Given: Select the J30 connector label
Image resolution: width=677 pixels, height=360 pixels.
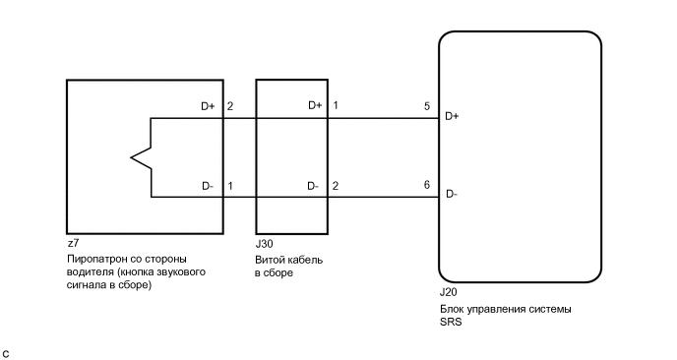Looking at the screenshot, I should point(265,242).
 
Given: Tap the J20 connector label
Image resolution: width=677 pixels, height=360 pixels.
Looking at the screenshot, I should point(448,293).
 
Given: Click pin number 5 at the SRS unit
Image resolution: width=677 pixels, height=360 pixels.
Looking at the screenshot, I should point(426,105).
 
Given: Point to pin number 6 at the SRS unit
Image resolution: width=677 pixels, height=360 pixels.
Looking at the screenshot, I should point(426,185).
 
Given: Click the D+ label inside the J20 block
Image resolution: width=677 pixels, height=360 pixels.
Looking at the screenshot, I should point(453,117).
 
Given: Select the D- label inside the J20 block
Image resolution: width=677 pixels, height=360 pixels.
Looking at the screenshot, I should point(452,194).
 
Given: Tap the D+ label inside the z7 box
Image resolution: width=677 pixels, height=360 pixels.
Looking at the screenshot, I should point(207,105).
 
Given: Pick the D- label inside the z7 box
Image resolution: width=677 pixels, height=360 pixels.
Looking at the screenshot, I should point(207,185).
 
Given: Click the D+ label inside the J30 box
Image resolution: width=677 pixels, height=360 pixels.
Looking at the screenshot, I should point(314,105).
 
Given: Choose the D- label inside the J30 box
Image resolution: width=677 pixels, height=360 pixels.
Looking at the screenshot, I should point(313,185).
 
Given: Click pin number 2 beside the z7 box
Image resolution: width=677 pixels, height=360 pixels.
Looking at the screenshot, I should point(230,105).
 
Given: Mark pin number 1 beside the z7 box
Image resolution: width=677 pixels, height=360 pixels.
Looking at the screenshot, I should point(230,185).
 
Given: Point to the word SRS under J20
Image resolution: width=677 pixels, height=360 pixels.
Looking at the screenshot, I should point(451,323).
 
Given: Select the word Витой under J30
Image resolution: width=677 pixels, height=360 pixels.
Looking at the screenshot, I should point(271,258).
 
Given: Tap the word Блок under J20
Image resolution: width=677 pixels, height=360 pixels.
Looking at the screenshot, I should point(454,309).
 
